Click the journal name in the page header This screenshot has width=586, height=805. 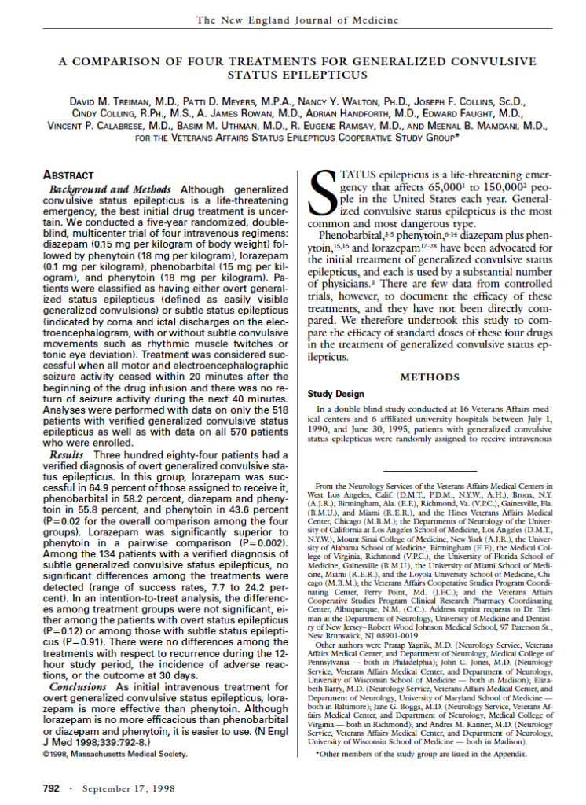pos(297,20)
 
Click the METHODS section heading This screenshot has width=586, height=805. pos(430,377)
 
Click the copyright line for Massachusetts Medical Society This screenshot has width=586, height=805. pos(115,755)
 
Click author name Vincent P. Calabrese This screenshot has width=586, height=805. pos(100,125)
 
